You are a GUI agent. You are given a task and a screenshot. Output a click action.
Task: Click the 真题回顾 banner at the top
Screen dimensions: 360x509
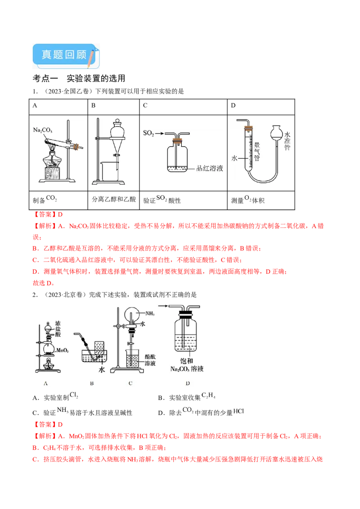point(66,56)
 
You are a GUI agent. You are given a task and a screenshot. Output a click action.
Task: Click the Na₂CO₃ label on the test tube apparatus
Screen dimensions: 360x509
point(43,130)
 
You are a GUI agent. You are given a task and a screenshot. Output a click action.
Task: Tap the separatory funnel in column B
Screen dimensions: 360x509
point(117,136)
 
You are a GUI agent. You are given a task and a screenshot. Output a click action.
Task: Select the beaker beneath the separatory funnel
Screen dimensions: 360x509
point(109,172)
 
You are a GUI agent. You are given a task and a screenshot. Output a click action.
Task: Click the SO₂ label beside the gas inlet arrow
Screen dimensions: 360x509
point(148,133)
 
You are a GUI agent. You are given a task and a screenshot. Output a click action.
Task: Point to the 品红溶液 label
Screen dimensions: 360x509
point(210,168)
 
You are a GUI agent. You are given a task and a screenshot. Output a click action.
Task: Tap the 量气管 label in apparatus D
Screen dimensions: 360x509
point(256,151)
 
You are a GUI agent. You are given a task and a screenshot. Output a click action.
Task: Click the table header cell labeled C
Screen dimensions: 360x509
point(183,107)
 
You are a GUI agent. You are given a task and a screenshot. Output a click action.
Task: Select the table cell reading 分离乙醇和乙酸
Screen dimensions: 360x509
point(114,200)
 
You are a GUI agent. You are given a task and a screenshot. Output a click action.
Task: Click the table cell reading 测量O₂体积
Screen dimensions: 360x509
point(261,200)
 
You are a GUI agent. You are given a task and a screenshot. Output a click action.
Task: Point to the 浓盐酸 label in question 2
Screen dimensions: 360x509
point(58,329)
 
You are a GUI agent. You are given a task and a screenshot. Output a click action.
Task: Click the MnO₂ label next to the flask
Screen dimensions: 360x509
point(63,350)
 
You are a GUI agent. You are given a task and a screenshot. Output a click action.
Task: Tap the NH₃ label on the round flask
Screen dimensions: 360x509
point(150,313)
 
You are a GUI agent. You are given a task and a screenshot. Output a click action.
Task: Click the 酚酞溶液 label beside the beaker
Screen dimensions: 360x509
point(150,360)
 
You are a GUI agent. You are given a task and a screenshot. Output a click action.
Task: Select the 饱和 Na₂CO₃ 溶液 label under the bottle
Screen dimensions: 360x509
point(187,365)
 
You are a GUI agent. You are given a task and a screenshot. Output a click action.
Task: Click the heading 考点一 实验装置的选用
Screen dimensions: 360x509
point(79,78)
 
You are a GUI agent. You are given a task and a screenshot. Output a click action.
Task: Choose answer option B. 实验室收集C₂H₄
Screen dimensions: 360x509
point(187,397)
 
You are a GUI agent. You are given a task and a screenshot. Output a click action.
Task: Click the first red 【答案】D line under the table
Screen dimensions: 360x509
point(48,214)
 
